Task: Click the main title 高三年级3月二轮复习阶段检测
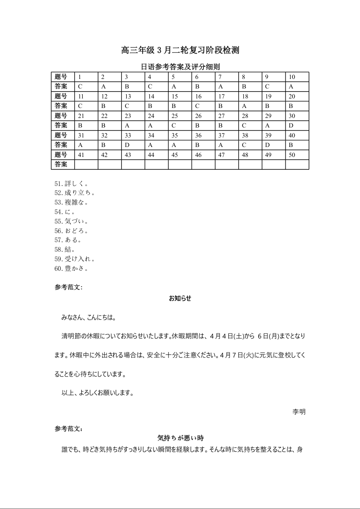pyautogui.click(x=180, y=50)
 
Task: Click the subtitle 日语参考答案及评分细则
pyautogui.click(x=180, y=67)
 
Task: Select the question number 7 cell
pyautogui.click(x=227, y=77)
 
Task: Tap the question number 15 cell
pyautogui.click(x=180, y=96)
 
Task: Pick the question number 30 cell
pyautogui.click(x=297, y=116)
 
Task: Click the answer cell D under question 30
pyautogui.click(x=297, y=125)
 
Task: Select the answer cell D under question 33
pyautogui.click(x=133, y=145)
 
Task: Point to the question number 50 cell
pyautogui.click(x=297, y=155)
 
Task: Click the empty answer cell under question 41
pyautogui.click(x=86, y=164)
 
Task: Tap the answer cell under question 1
pyautogui.click(x=86, y=86)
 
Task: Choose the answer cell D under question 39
pyautogui.click(x=273, y=145)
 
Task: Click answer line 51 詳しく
pyautogui.click(x=71, y=184)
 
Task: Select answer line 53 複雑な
pyautogui.click(x=71, y=202)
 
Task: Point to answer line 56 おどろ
pyautogui.click(x=71, y=230)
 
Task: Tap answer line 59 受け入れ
pyautogui.click(x=74, y=259)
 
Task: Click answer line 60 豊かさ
pyautogui.click(x=71, y=269)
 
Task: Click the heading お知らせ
pyautogui.click(x=180, y=298)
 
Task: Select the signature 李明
pyautogui.click(x=299, y=411)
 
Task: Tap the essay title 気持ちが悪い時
pyautogui.click(x=180, y=438)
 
